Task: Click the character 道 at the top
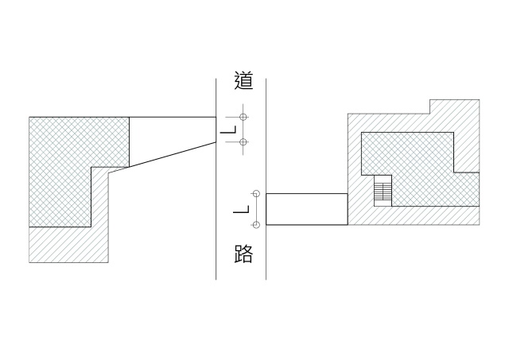(243, 80)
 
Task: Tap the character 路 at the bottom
(243, 254)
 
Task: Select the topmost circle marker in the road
(243, 118)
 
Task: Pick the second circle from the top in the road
(243, 141)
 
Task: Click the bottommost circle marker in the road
(256, 223)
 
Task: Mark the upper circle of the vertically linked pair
(256, 193)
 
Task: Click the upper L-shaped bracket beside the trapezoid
(229, 130)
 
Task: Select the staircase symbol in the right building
(384, 191)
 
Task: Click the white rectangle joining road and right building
(306, 209)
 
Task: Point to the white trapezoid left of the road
(167, 139)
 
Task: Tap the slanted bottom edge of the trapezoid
(172, 156)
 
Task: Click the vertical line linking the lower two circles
(256, 208)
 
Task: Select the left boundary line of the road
(216, 238)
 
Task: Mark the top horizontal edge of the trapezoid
(172, 118)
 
